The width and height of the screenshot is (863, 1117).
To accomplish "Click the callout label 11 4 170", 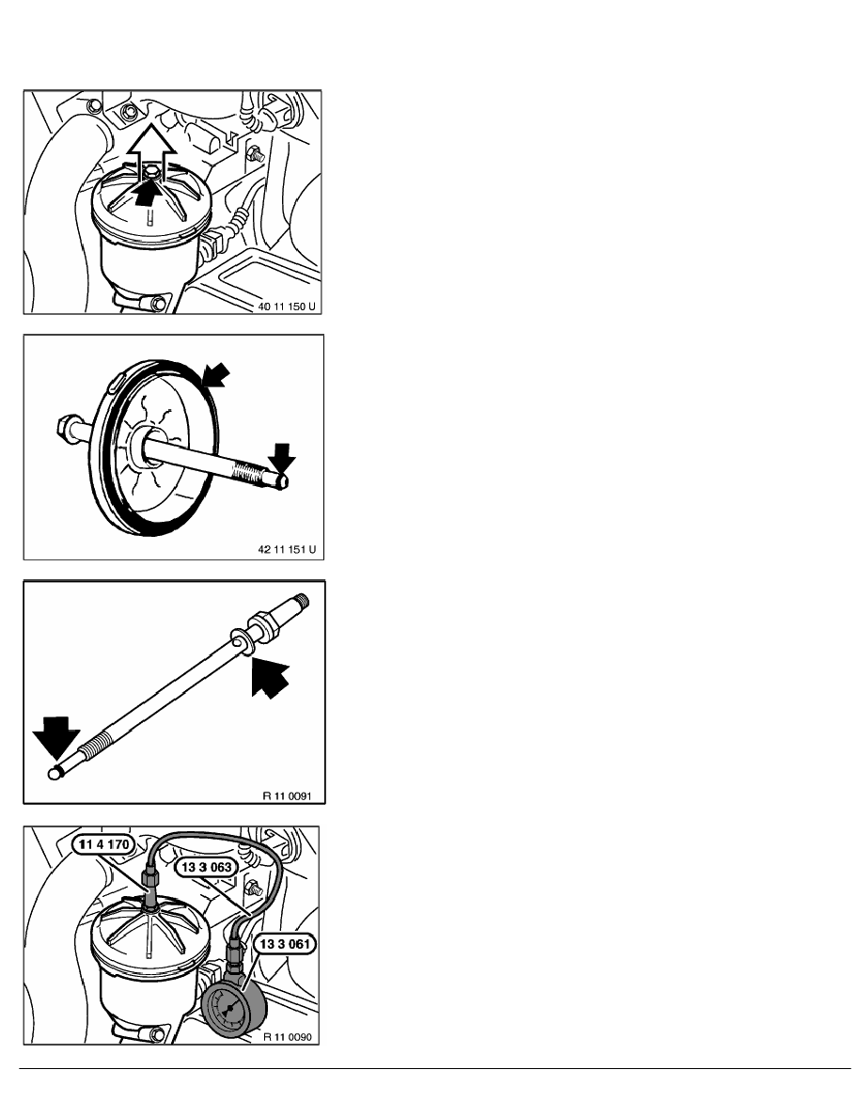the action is click(104, 845).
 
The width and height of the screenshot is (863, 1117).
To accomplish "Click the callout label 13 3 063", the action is click(207, 867).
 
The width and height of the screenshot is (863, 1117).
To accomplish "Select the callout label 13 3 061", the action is click(285, 945).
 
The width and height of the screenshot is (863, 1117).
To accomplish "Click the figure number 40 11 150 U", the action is click(286, 307).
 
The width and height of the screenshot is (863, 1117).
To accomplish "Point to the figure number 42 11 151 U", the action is click(286, 550).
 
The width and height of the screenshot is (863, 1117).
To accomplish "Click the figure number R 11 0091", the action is click(287, 795).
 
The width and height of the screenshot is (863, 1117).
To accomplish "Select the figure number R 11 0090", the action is click(287, 1036).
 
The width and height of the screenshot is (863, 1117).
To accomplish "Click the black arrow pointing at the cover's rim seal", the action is click(216, 375).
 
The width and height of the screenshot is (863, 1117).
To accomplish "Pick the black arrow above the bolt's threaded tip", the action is click(283, 458).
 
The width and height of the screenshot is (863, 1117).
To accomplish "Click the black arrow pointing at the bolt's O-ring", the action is click(270, 678).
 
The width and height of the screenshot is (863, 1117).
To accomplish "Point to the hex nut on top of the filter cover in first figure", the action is click(150, 172).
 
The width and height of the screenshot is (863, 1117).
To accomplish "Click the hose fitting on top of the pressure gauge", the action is click(233, 957).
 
